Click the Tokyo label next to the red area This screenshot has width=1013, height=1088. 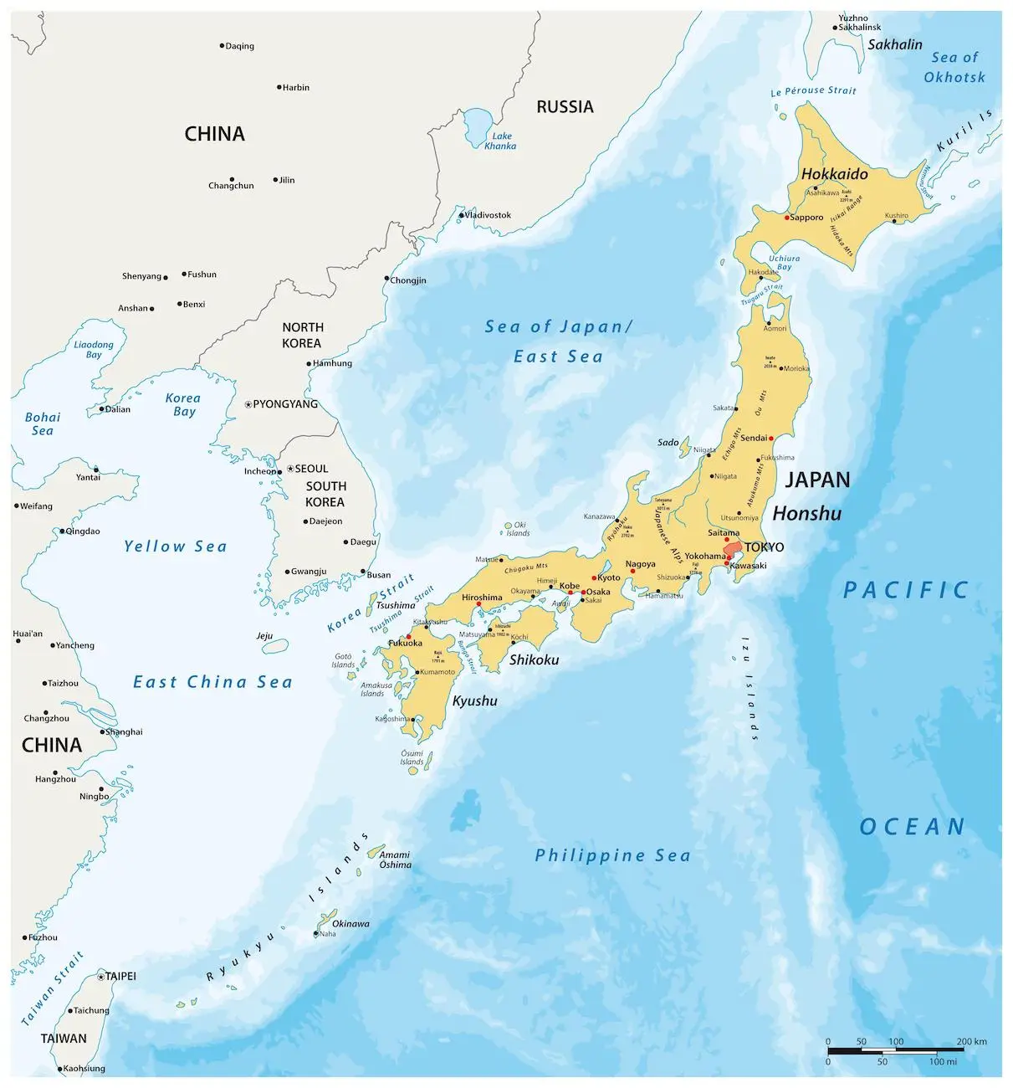click(764, 547)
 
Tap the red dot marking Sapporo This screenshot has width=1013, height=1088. click(787, 218)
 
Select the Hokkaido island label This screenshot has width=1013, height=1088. click(834, 174)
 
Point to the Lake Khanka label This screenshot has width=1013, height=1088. click(500, 141)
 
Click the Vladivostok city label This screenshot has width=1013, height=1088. click(488, 215)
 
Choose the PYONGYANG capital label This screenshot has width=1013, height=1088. click(285, 404)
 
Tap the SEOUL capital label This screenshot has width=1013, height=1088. click(311, 469)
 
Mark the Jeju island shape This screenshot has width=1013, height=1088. click(275, 647)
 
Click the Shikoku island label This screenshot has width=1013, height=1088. click(534, 659)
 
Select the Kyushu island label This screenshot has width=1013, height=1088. click(474, 701)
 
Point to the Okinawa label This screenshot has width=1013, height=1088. click(350, 924)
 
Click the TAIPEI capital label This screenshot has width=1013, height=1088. click(120, 976)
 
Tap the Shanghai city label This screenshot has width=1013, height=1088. click(124, 731)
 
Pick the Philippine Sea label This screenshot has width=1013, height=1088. click(612, 855)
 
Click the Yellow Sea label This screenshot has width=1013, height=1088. click(175, 547)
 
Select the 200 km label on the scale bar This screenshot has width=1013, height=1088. click(971, 1041)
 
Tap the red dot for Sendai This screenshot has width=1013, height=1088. click(770, 438)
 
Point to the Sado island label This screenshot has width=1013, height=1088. click(668, 442)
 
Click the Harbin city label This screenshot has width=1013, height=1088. click(295, 87)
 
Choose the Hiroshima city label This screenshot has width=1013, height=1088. click(482, 598)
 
